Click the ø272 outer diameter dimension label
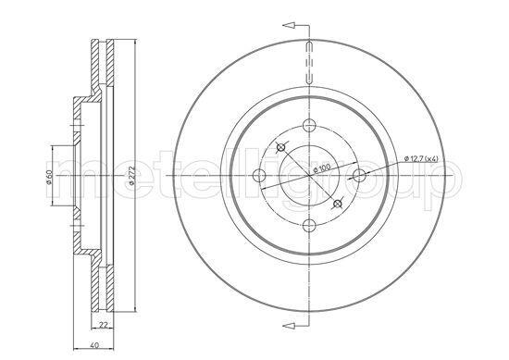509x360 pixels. (131, 176)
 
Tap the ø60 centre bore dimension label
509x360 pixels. (49, 177)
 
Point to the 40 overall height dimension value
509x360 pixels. (94, 345)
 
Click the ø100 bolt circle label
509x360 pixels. (321, 168)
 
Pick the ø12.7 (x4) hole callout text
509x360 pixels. (421, 159)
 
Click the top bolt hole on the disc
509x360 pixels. (309, 124)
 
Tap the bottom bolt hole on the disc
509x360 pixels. (309, 225)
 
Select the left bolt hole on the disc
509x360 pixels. (259, 175)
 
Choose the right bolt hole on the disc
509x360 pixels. (359, 175)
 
